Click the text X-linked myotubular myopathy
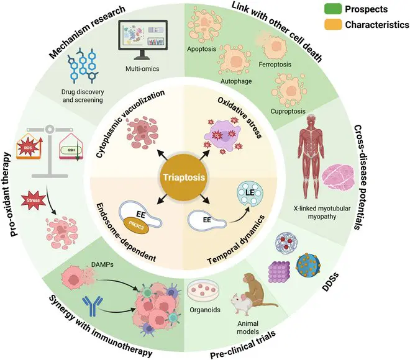[x=321, y=212]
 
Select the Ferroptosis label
[x=291, y=64]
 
